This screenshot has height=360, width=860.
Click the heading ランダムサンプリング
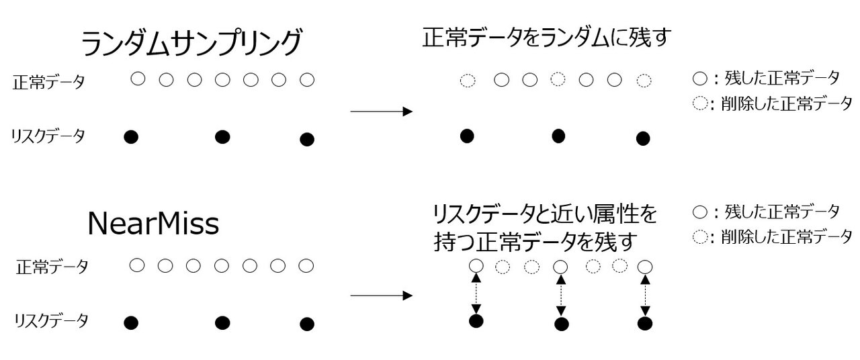190,44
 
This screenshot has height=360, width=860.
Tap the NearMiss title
153,224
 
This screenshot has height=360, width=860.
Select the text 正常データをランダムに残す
547,38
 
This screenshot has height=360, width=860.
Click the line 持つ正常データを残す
534,240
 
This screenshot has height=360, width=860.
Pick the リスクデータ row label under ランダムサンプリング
48,136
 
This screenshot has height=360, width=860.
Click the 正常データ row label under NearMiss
52,267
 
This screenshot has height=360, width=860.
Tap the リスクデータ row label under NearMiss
51,321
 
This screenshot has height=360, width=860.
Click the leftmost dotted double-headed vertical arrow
476,294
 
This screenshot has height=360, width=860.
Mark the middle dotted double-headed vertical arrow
560,294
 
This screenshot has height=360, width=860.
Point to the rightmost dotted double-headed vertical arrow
645,294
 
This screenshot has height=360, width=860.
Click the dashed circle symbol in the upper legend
699,104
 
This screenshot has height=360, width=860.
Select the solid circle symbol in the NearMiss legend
699,212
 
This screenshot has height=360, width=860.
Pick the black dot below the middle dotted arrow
562,324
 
